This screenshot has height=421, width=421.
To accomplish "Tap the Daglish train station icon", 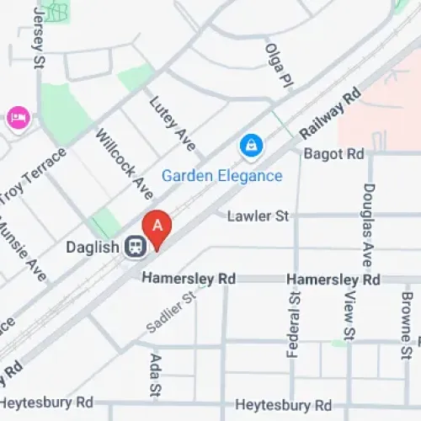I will pos(134,247).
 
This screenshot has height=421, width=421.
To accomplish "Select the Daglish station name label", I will pos(93,248).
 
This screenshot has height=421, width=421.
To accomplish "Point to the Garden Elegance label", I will pos(221,176).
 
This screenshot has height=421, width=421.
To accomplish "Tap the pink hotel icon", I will pos(17,118).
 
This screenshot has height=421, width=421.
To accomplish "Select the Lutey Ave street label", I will pos(172,124).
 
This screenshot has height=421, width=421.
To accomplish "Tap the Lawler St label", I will pos(258,216).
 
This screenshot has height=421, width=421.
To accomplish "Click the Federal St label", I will pos(293,325).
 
